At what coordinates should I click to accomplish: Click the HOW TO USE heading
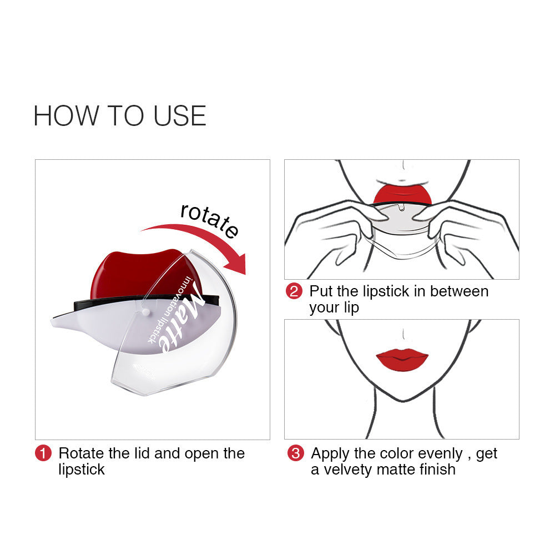pos(119,115)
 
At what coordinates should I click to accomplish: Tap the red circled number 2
pos(294,291)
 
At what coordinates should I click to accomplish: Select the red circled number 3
pos(296,453)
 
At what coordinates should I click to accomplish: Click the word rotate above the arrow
pos(209,220)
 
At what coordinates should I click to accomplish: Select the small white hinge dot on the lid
pos(144,313)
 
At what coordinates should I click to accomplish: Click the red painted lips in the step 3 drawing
pos(402,360)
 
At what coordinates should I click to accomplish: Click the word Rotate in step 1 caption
pos(82,453)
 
